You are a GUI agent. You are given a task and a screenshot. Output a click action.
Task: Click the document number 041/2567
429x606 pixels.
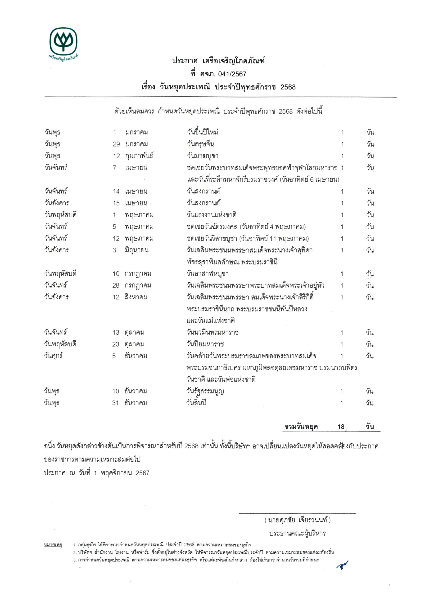pyautogui.click(x=232, y=74)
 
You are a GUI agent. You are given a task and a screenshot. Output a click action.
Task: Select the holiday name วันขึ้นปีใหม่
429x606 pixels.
pyautogui.click(x=202, y=132)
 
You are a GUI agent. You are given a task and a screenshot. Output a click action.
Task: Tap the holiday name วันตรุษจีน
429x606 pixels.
pyautogui.click(x=200, y=144)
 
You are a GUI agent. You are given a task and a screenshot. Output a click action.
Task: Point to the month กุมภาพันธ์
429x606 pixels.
pyautogui.click(x=139, y=156)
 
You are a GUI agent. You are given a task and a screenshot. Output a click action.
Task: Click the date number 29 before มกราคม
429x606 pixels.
pyautogui.click(x=116, y=144)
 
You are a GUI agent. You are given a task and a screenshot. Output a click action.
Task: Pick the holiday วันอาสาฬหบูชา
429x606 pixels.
pyautogui.click(x=207, y=274)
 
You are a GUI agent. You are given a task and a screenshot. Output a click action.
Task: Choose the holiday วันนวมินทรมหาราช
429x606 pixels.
pyautogui.click(x=212, y=333)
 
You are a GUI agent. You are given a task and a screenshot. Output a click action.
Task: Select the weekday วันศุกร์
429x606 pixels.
pyautogui.click(x=53, y=356)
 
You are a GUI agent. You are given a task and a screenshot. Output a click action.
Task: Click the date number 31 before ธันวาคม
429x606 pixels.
pyautogui.click(x=115, y=403)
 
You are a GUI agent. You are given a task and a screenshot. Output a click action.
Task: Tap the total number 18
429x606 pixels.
pyautogui.click(x=341, y=427)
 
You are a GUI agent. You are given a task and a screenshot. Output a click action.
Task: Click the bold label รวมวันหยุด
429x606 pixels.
pyautogui.click(x=301, y=427)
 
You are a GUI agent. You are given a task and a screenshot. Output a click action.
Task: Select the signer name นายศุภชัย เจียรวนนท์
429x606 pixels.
pyautogui.click(x=298, y=520)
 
